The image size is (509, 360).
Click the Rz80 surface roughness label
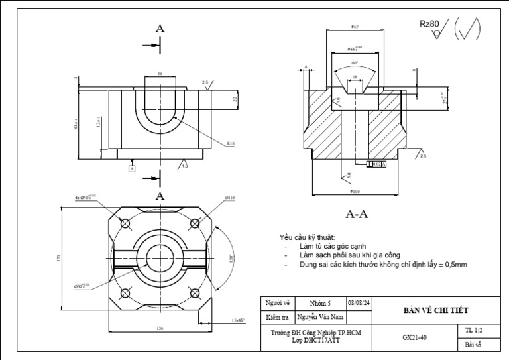[429, 24]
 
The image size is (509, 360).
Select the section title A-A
[357, 214]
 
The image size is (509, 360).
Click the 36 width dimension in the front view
[160, 74]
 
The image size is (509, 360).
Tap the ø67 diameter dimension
[355, 27]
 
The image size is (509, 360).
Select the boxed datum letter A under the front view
[132, 169]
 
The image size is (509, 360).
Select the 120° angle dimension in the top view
[232, 257]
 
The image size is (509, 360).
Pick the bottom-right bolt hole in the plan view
[195, 294]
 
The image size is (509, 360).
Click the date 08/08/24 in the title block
[359, 303]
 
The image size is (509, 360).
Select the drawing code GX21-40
[414, 337]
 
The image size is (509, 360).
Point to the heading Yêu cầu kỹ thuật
[307, 237]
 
